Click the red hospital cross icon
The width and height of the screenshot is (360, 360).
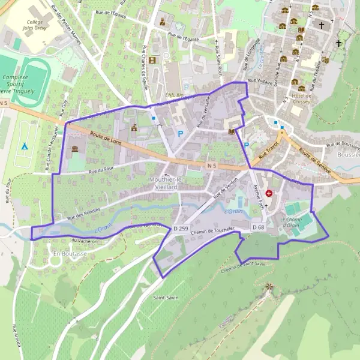click(269, 194)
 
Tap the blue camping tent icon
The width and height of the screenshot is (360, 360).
click(24, 146)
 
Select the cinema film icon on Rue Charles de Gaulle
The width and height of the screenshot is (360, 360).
click(152, 60)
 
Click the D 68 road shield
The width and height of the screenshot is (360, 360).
click(258, 227)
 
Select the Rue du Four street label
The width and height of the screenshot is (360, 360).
click(101, 172)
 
